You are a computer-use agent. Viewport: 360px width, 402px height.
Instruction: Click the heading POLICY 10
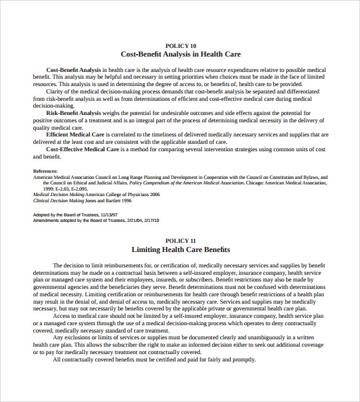pyautogui.click(x=181, y=45)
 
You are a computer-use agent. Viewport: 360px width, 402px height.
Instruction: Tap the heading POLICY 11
pyautogui.click(x=181, y=240)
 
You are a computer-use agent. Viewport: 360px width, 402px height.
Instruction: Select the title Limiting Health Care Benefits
pyautogui.click(x=181, y=250)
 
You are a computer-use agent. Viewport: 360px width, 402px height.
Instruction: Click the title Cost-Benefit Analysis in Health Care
pyautogui.click(x=181, y=55)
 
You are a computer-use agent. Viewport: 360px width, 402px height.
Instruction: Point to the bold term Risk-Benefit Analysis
pyautogui.click(x=73, y=113)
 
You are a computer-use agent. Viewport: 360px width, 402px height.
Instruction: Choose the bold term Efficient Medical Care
pyautogui.click(x=74, y=135)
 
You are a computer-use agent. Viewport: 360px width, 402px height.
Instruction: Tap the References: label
pyautogui.click(x=45, y=171)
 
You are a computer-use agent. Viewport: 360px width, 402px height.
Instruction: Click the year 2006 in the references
pyautogui.click(x=154, y=194)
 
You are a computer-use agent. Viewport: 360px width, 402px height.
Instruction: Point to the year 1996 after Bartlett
pyautogui.click(x=125, y=200)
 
